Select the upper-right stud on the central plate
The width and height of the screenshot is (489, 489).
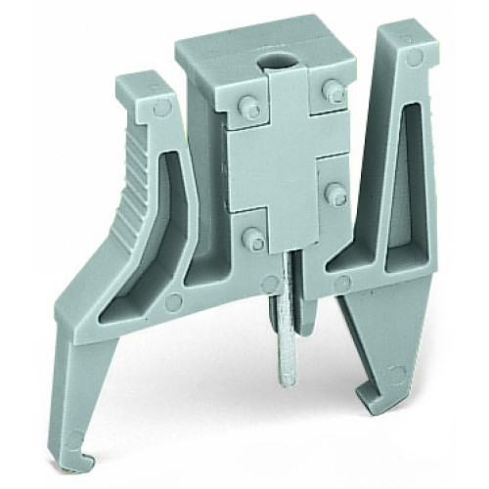[x=335, y=92]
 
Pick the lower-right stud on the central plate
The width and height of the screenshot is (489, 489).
[x=335, y=193]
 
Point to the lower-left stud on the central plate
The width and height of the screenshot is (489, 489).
[x=253, y=238]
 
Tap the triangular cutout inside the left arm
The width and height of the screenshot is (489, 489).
[x=156, y=244]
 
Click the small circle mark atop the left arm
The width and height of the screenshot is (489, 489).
[x=152, y=111]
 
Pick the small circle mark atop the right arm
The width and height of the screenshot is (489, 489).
[x=415, y=59]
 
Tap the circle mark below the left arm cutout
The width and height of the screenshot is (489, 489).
[x=173, y=302]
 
